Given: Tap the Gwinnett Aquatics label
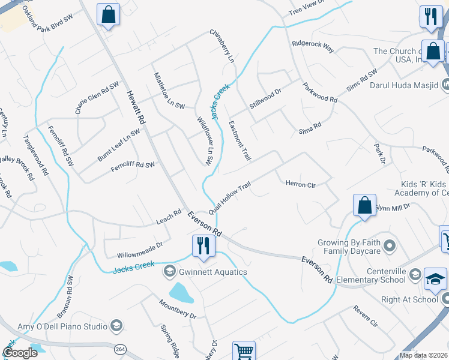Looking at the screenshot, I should (x=211, y=272).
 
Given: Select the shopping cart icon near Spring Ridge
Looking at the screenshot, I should (x=244, y=351).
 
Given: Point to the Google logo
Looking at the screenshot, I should (x=20, y=352).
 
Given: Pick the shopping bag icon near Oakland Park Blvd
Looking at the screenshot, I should (x=108, y=14).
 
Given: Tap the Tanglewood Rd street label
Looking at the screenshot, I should (x=35, y=154).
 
